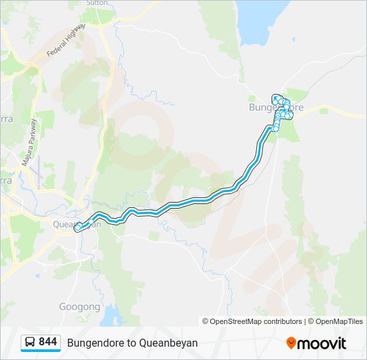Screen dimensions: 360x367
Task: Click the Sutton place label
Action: [97, 3]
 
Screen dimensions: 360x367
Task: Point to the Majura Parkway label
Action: [31, 147]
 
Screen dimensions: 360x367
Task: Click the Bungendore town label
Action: [275, 107]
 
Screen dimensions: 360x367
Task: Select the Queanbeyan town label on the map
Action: [76, 224]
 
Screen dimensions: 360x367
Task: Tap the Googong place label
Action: [80, 307]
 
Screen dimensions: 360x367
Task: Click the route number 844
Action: [48, 342]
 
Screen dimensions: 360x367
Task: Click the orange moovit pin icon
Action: [291, 343]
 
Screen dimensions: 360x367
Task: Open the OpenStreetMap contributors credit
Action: [252, 321]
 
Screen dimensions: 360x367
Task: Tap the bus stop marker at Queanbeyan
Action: [78, 228]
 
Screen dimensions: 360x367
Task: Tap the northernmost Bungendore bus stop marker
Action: [276, 97]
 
